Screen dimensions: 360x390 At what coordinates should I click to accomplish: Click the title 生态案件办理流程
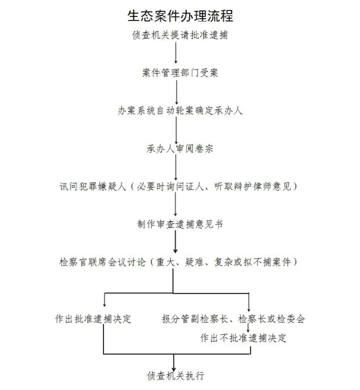coord(180,16)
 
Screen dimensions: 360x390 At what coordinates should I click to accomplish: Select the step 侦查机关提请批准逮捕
coord(180,35)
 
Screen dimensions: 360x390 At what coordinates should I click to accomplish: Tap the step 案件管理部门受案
coord(180,73)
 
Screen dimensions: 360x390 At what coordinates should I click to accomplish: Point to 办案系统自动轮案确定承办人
coord(180,111)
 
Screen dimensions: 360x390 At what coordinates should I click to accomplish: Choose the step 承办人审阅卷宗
coord(179,149)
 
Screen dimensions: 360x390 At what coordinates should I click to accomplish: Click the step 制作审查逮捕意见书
coord(180,225)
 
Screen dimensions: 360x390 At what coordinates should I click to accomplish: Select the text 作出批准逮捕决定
coord(93,319)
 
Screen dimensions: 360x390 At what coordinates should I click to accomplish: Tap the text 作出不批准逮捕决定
coord(243,338)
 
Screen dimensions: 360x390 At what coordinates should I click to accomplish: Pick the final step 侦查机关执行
coord(175,376)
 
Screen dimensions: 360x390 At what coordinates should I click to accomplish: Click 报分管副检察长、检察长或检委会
coord(233,319)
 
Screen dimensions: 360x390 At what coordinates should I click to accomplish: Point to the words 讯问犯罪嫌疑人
coord(93,186)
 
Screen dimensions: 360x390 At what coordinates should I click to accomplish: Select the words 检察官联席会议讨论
coord(102,262)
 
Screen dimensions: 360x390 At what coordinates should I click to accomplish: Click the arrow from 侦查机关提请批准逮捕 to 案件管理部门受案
coord(176,52)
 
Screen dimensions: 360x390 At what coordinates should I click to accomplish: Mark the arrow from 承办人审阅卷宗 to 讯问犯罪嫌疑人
coord(175,167)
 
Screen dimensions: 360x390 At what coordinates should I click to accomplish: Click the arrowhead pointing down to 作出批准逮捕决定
coord(104,305)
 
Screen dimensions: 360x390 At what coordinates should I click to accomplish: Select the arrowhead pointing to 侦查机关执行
coord(174,368)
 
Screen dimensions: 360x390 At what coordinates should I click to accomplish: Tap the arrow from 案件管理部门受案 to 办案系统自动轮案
coord(177,92)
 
